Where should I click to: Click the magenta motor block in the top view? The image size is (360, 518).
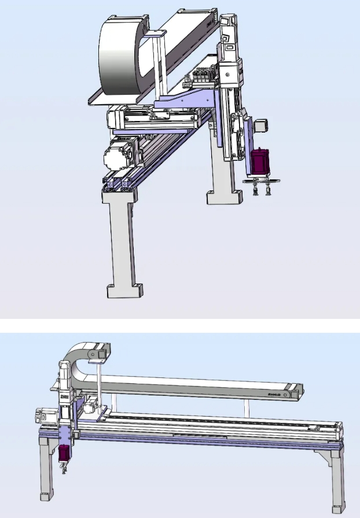[258, 161]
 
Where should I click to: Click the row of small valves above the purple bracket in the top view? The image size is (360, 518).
[201, 76]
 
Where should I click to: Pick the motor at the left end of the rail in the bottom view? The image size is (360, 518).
[42, 414]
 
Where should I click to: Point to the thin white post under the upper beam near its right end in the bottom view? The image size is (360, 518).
[247, 409]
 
